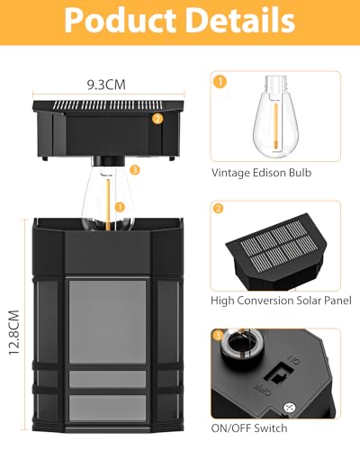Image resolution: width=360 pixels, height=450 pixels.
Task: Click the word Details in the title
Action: (x=239, y=21)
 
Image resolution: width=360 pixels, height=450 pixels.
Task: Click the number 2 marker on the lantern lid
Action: (x=157, y=118)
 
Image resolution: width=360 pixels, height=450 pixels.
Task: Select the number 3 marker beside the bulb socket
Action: (x=134, y=169)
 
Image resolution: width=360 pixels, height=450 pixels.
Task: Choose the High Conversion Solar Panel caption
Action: (x=280, y=300)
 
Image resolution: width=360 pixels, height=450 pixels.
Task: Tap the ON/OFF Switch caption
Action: (x=249, y=427)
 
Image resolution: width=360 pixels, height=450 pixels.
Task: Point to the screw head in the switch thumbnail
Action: (x=312, y=408)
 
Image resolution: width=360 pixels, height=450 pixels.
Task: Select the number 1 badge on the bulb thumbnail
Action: (x=219, y=82)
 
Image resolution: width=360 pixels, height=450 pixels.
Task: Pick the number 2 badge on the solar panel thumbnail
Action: (x=219, y=208)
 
